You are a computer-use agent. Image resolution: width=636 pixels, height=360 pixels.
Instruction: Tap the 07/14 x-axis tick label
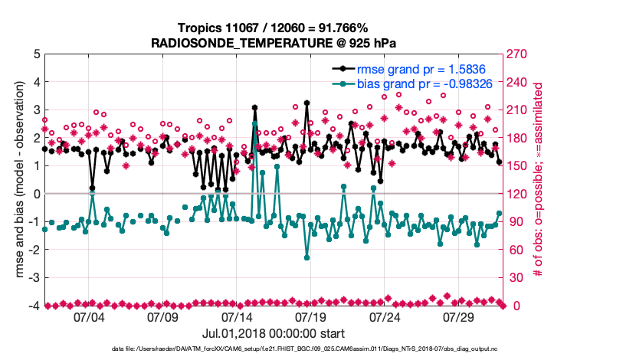(237, 316)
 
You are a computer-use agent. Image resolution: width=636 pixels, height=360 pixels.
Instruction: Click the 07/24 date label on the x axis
(385, 316)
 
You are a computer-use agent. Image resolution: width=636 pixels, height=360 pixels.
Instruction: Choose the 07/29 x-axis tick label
(459, 316)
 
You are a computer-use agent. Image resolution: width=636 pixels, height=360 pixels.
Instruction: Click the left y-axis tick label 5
(36, 54)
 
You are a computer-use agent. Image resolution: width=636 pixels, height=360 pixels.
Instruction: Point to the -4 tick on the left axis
(34, 306)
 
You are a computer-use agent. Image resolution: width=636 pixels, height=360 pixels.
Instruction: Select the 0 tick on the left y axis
(36, 195)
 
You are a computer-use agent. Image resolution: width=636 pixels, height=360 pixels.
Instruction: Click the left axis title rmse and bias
(17, 181)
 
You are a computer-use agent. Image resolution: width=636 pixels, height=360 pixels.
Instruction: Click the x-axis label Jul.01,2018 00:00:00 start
(274, 334)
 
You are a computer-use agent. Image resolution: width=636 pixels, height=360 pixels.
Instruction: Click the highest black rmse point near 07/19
(307, 103)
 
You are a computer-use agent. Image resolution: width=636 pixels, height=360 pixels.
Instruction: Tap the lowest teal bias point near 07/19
(307, 257)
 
